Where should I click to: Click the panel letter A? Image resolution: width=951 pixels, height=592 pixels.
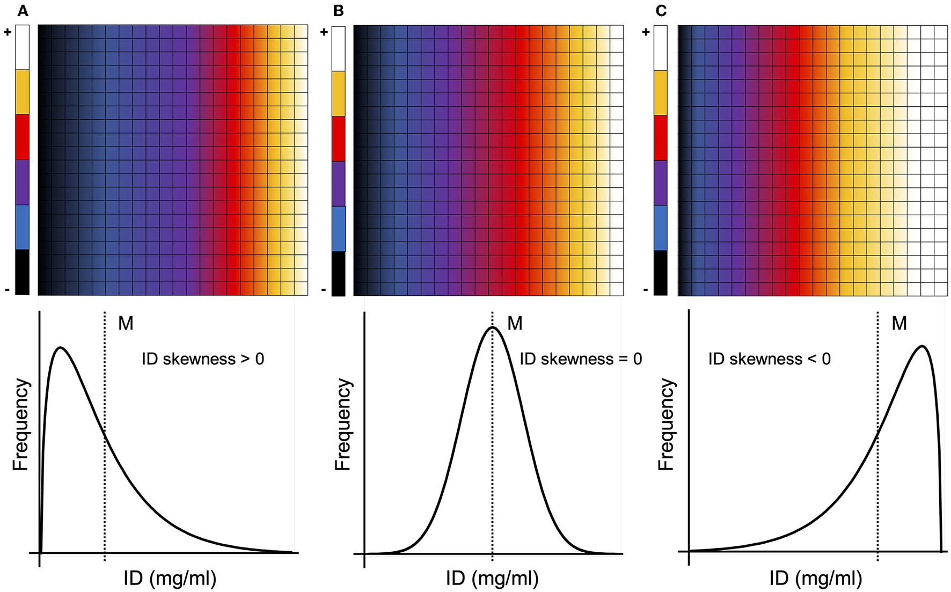click(x=23, y=11)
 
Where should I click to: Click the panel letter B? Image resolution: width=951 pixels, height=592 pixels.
click(x=338, y=11)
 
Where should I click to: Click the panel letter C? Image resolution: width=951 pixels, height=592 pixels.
click(x=661, y=11)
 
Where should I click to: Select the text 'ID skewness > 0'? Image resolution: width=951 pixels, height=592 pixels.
click(x=203, y=359)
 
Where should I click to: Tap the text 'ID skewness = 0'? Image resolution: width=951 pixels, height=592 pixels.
click(x=581, y=359)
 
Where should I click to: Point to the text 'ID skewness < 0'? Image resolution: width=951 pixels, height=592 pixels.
click(x=769, y=359)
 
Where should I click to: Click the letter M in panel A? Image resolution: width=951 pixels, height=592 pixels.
click(x=126, y=323)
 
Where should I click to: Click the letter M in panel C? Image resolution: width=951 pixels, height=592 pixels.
click(x=899, y=323)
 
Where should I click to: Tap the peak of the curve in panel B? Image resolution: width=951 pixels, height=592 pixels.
click(x=492, y=327)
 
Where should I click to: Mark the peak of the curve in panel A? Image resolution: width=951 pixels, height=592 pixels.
click(x=61, y=347)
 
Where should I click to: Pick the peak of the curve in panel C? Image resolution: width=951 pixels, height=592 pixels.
click(x=922, y=346)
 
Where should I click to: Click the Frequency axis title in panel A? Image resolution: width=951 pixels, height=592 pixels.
click(x=20, y=425)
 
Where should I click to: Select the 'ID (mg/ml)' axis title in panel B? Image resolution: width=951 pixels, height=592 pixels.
click(x=492, y=578)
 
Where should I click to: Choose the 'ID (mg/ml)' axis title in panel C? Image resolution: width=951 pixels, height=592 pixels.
click(x=815, y=578)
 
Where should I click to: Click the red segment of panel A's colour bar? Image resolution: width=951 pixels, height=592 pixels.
click(x=22, y=136)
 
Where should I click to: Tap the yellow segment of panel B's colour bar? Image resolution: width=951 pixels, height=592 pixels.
click(x=338, y=93)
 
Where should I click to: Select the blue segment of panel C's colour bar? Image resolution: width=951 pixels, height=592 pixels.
click(x=660, y=228)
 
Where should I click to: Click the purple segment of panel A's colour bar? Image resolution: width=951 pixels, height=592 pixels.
click(x=22, y=182)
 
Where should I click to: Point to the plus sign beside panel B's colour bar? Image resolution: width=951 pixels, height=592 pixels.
click(x=324, y=32)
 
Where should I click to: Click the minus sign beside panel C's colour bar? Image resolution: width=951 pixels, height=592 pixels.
click(x=645, y=290)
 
